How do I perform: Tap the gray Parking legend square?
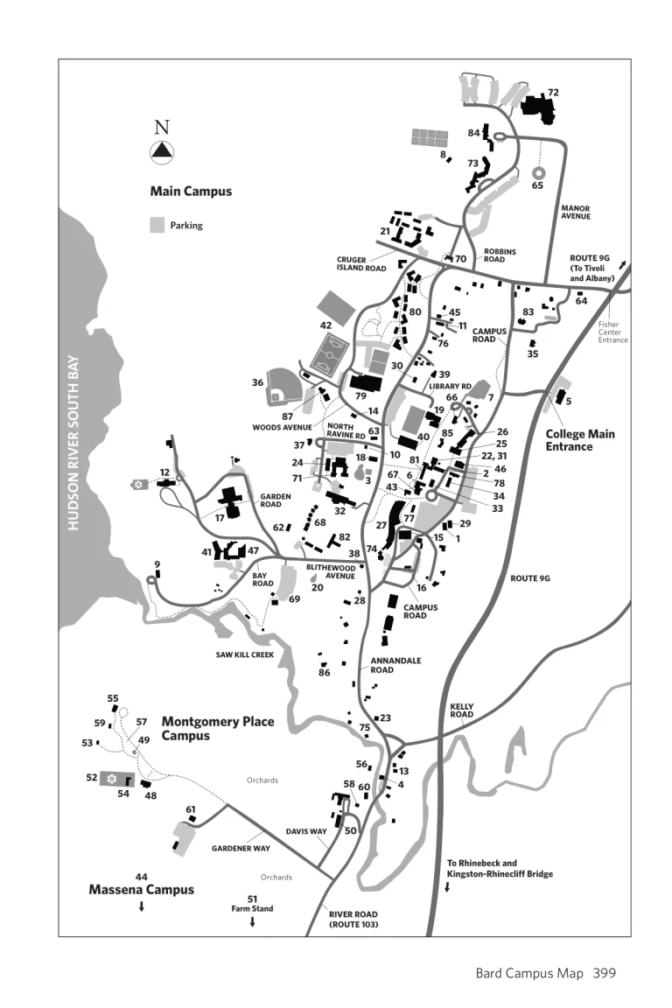point(157,225)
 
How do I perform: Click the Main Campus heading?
point(191,191)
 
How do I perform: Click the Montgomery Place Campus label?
point(217,728)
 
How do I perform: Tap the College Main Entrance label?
point(580,440)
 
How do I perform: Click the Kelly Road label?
point(461,710)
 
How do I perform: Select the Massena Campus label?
point(142,890)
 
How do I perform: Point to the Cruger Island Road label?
point(361,264)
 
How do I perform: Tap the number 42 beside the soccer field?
point(325,325)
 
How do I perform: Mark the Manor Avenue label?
point(575,213)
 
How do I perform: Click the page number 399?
point(605,972)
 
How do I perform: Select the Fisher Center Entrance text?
point(612,332)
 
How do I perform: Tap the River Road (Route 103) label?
point(353,919)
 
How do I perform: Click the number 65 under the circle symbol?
point(537,185)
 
